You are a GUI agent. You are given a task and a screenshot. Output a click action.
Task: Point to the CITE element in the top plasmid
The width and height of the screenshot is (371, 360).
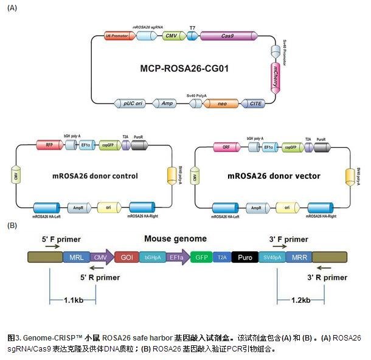pyautogui.click(x=254, y=104)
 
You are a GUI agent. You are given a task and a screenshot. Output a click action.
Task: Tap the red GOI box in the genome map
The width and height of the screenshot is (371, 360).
pyautogui.click(x=126, y=258)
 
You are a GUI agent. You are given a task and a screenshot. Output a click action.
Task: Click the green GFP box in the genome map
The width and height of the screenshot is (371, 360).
pyautogui.click(x=200, y=258)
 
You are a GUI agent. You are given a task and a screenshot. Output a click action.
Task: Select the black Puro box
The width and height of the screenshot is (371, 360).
pyautogui.click(x=246, y=258)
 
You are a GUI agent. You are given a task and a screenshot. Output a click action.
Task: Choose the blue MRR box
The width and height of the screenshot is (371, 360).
pyautogui.click(x=298, y=258)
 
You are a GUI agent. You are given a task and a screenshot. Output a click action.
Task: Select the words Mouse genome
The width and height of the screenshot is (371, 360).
pyautogui.click(x=175, y=239)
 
